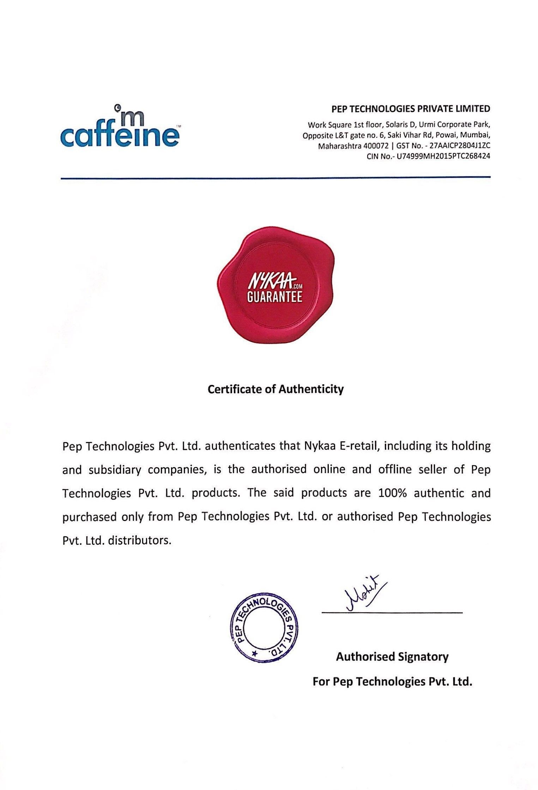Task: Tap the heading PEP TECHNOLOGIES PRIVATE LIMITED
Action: tap(411, 109)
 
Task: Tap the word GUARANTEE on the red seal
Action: tap(274, 297)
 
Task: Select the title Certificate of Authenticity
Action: tap(276, 389)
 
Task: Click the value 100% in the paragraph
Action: tap(392, 493)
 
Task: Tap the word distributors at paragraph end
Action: tap(139, 540)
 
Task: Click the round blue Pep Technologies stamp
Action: tap(264, 629)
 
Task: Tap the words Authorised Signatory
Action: tap(392, 657)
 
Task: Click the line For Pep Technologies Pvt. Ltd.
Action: tap(392, 681)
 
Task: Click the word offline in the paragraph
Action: tap(395, 470)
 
